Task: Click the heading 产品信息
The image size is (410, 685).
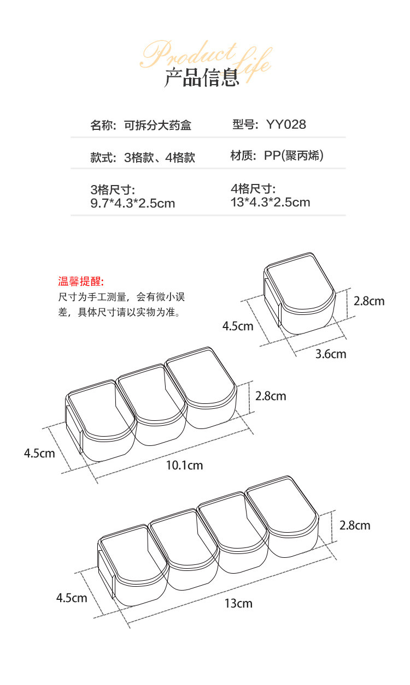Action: [x=202, y=78]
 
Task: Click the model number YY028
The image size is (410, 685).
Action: [x=286, y=124]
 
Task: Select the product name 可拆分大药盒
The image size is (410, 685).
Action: [x=157, y=126]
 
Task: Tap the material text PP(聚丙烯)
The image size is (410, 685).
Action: [x=294, y=156]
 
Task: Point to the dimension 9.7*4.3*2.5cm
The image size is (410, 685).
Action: [x=132, y=204]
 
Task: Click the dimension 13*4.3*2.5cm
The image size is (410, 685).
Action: [x=271, y=202]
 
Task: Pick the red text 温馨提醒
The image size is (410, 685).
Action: [x=81, y=282]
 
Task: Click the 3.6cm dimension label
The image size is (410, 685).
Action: [x=331, y=354]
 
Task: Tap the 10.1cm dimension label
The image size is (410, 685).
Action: [x=184, y=465]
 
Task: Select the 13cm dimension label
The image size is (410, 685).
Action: [x=238, y=603]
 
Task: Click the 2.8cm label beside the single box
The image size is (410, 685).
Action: [x=369, y=301]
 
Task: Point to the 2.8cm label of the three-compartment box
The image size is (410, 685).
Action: [x=271, y=396]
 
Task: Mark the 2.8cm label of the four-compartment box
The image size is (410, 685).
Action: [x=355, y=525]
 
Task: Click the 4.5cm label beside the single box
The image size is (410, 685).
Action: [x=238, y=326]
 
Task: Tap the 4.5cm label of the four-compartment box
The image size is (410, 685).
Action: [x=72, y=598]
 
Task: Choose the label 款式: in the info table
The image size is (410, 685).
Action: [x=103, y=158]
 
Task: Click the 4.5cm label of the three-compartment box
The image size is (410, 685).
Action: [x=39, y=453]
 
